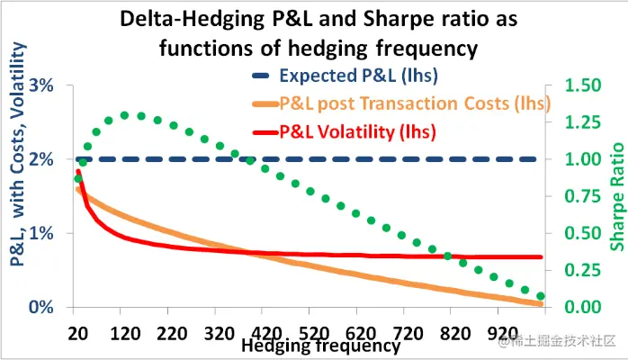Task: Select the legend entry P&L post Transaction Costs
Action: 414,103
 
